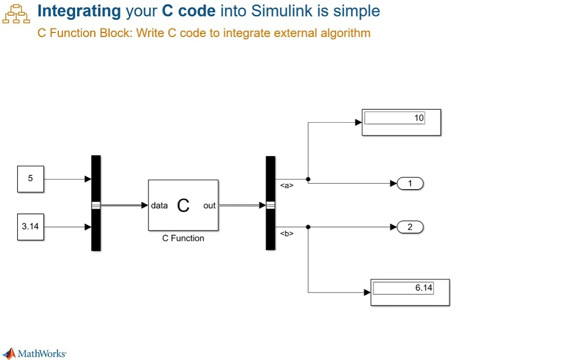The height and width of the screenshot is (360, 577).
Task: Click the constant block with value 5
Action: click(x=30, y=179)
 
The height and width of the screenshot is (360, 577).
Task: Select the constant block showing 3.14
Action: click(x=30, y=227)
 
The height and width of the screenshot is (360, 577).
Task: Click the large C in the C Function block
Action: click(x=183, y=205)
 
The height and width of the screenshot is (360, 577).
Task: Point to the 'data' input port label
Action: click(x=159, y=205)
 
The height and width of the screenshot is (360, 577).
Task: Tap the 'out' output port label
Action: click(x=209, y=205)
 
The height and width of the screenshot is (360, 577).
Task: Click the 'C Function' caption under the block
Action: click(x=183, y=238)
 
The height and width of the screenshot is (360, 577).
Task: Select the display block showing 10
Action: click(x=401, y=122)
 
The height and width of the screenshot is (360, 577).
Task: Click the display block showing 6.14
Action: click(x=410, y=292)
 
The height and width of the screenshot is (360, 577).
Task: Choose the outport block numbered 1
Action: click(x=410, y=184)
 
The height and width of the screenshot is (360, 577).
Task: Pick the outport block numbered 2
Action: click(x=410, y=227)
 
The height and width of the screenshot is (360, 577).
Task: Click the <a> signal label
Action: click(x=287, y=186)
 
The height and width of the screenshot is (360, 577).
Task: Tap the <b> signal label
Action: click(x=287, y=234)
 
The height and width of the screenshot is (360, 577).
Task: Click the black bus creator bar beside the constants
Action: click(x=96, y=203)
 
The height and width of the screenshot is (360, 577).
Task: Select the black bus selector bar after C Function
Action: click(x=270, y=203)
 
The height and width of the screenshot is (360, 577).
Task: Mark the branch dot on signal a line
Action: click(x=308, y=179)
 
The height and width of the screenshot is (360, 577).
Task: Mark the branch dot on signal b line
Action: click(x=308, y=227)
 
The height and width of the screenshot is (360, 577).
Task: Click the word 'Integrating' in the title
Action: click(x=79, y=11)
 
